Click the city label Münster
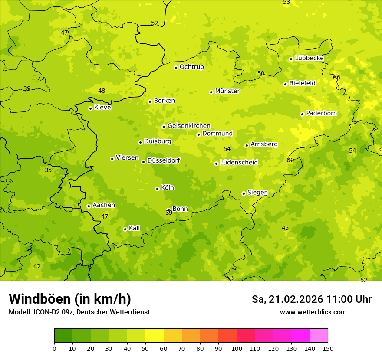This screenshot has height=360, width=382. tap(227, 91)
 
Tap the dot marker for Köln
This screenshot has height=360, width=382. tap(157, 189)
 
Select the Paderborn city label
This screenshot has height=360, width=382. tap(321, 113)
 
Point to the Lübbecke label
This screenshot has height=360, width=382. tap(309, 58)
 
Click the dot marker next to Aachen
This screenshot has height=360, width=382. tap(89, 206)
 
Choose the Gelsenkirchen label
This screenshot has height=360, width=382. tap(189, 126)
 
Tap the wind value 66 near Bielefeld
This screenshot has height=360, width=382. tap(337, 77)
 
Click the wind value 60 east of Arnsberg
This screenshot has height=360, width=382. tap(290, 160)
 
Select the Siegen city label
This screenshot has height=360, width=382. tap(257, 193)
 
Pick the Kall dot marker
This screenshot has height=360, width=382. tap(125, 229)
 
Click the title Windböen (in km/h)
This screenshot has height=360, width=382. tap(70, 299)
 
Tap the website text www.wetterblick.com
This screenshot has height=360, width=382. tap(313, 312)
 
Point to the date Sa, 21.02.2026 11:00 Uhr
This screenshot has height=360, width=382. tap(311, 299)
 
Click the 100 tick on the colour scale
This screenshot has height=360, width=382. tap(237, 348)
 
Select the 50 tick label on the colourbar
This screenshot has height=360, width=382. tap(145, 348)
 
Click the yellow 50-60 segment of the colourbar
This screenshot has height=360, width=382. tap(155, 336)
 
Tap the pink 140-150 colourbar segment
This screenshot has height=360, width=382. tap(319, 336)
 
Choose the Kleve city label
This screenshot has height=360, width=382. tap(102, 108)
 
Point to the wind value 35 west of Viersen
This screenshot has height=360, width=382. tap(48, 170)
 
